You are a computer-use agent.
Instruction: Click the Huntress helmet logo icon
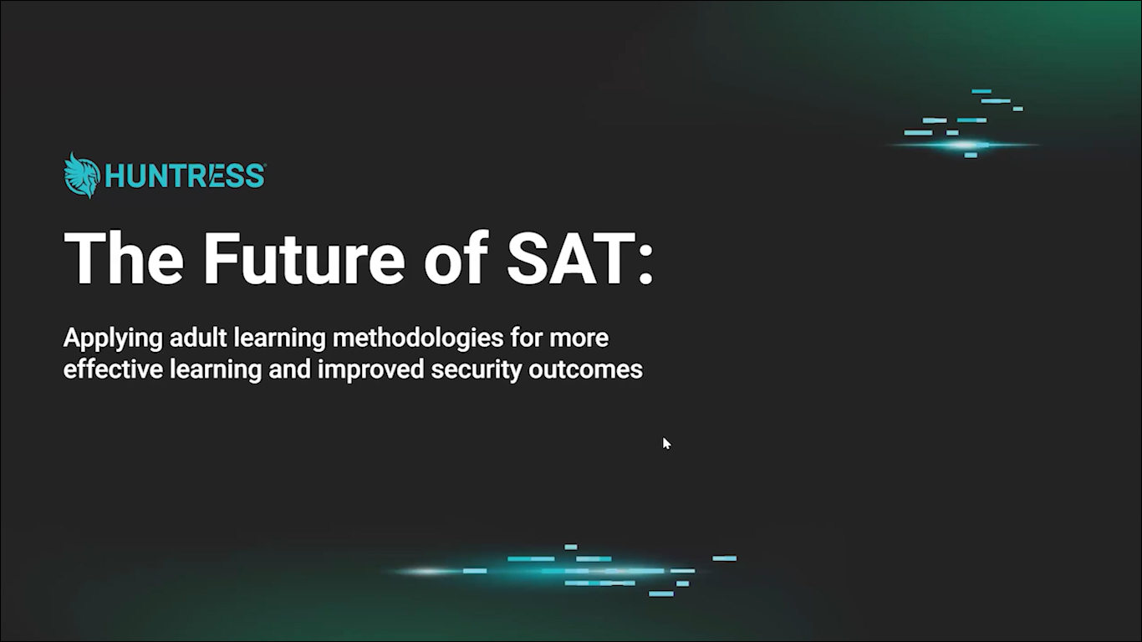pyautogui.click(x=82, y=175)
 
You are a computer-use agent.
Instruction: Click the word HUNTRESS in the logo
pyautogui.click(x=185, y=176)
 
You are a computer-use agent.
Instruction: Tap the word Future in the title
pyautogui.click(x=303, y=258)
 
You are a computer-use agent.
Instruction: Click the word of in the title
pyautogui.click(x=456, y=258)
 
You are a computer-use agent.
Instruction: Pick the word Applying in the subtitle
pyautogui.click(x=113, y=339)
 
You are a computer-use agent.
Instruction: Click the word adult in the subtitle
pyautogui.click(x=198, y=338)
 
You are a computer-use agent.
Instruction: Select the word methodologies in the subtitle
pyautogui.click(x=418, y=339)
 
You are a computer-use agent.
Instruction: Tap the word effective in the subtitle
pyautogui.click(x=113, y=369)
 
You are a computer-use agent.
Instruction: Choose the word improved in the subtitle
pyautogui.click(x=370, y=369)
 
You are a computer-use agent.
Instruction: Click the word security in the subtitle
pyautogui.click(x=477, y=369)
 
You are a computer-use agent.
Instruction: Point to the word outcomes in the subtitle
pyautogui.click(x=585, y=369)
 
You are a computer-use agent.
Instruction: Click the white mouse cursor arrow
pyautogui.click(x=666, y=443)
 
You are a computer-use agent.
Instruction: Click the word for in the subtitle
pyautogui.click(x=526, y=338)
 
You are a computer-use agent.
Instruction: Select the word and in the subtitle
pyautogui.click(x=289, y=369)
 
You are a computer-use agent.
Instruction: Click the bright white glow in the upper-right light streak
pyautogui.click(x=965, y=145)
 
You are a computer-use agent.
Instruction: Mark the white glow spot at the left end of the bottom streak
pyautogui.click(x=428, y=571)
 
